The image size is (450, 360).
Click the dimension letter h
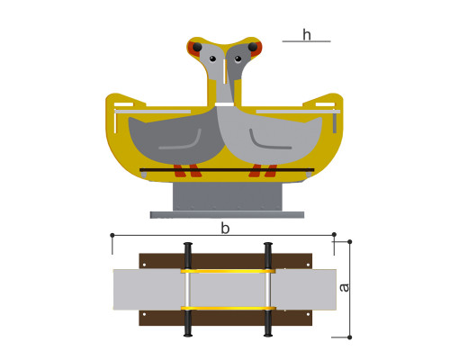[307, 35]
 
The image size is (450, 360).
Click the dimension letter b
[225, 229]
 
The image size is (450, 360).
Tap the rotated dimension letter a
[344, 288]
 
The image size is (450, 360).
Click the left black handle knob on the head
[197, 47]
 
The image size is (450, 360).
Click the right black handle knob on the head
[253, 47]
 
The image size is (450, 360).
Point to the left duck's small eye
[212, 58]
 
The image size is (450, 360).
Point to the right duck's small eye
[238, 58]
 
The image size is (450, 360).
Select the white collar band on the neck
[224, 104]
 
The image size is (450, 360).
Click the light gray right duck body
[270, 139]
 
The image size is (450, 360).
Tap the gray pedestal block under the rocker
[228, 196]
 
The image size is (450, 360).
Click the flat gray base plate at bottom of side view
[227, 215]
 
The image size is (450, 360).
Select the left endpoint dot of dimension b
[112, 235]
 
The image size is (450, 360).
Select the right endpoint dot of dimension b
[334, 234]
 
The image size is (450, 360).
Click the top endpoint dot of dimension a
[349, 241]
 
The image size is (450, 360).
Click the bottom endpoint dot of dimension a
[349, 337]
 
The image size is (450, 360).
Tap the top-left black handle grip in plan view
[188, 256]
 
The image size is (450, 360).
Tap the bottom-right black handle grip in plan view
[268, 324]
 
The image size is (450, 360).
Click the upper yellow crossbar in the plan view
[228, 271]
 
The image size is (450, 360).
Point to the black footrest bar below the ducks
[227, 170]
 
